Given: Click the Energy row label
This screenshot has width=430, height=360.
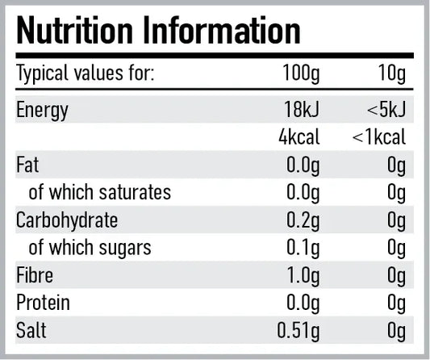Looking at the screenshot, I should (x=43, y=110).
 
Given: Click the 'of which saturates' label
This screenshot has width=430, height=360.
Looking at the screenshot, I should (x=99, y=192).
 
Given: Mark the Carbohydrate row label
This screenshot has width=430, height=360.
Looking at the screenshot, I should (x=66, y=220).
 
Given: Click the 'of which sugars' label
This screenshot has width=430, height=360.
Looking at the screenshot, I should (x=90, y=247).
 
